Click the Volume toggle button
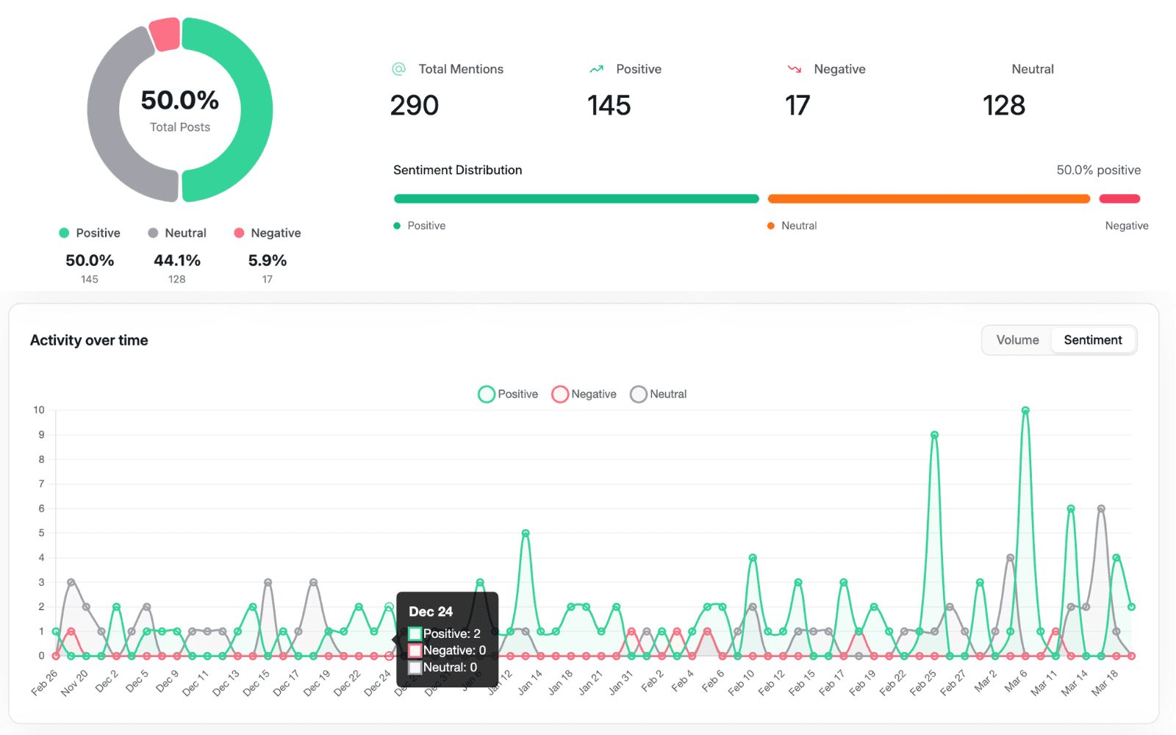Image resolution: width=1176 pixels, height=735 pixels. [x=1017, y=340]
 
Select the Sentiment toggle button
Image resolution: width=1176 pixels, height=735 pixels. [x=1093, y=340]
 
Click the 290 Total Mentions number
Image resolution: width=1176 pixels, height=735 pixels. [x=415, y=106]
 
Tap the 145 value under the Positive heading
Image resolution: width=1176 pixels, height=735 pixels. [x=609, y=106]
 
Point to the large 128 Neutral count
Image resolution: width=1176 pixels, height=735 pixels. [x=1004, y=106]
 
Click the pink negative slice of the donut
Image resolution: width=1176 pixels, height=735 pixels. [x=165, y=34]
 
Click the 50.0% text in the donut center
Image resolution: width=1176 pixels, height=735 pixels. [x=180, y=100]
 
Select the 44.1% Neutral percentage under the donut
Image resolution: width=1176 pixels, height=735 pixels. [x=177, y=261]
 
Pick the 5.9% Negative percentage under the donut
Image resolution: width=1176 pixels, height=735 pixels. [x=268, y=261]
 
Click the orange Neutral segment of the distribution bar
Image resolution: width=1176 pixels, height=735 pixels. [x=928, y=198]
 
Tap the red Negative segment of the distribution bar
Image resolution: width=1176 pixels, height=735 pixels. [x=1119, y=198]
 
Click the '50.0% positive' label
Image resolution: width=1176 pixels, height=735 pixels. [x=1098, y=171]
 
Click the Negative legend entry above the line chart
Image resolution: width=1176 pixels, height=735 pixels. [x=585, y=395]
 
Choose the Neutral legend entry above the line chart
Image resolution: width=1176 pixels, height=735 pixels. [x=659, y=395]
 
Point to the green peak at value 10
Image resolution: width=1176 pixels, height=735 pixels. [x=1025, y=411]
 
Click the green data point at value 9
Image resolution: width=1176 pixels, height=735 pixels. [x=934, y=435]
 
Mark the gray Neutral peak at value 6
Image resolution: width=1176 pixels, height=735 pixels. [x=1101, y=509]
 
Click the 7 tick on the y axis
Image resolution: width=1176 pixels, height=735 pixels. [x=41, y=484]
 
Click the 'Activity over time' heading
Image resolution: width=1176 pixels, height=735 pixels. [x=89, y=340]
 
